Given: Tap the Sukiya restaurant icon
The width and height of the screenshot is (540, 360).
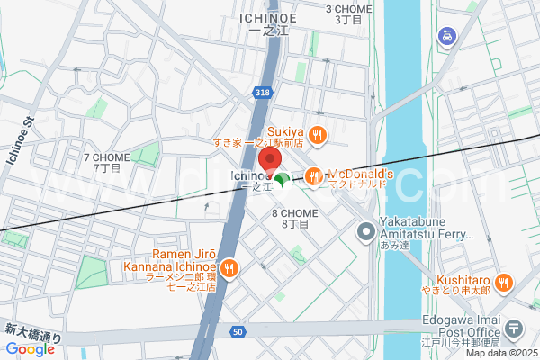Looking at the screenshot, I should [316, 136].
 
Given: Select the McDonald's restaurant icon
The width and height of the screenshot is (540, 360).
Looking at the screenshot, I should [314, 176].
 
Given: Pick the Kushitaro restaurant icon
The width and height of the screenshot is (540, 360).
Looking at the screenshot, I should [505, 282].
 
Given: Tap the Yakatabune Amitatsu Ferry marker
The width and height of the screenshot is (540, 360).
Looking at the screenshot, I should [365, 233].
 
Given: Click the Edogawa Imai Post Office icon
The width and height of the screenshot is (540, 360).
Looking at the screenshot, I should [514, 328].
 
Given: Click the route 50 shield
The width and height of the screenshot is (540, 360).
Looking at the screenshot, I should [238, 332].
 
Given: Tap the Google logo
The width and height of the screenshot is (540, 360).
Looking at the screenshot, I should [30, 349].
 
